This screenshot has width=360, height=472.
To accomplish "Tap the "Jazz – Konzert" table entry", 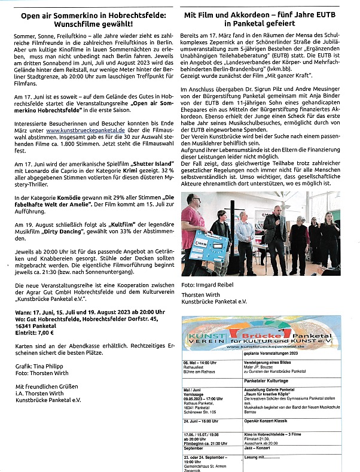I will [260, 447].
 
